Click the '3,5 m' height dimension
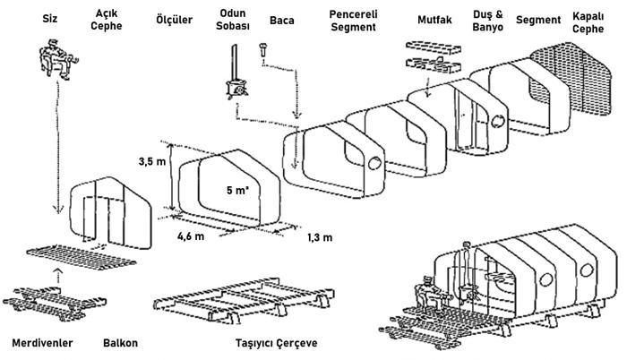click(x=153, y=162)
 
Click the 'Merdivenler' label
click(x=41, y=343)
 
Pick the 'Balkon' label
click(x=120, y=343)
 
